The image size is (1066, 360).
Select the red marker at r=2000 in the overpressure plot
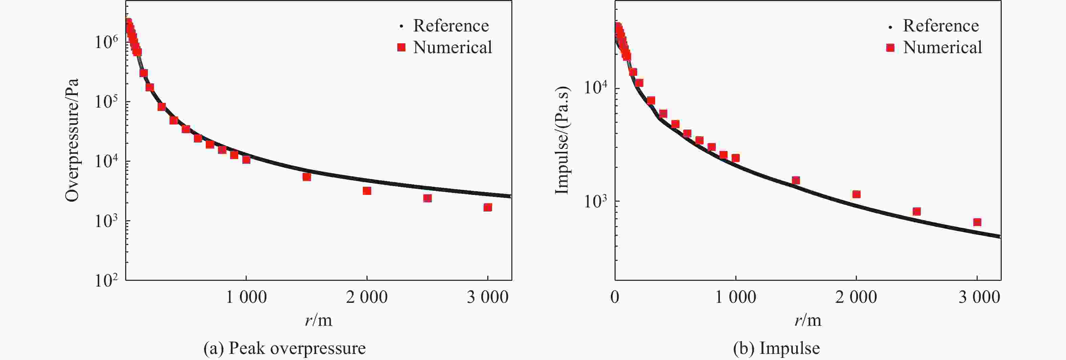(x=367, y=191)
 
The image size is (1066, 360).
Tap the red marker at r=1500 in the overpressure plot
(x=307, y=177)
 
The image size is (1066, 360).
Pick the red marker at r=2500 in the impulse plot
(x=917, y=211)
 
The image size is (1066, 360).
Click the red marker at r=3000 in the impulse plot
(x=977, y=222)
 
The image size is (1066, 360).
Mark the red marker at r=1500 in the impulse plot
(x=796, y=180)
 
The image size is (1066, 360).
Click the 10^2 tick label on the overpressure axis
(x=106, y=280)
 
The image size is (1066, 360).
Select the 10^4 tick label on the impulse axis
(x=596, y=88)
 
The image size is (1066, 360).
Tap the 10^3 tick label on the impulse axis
(x=596, y=201)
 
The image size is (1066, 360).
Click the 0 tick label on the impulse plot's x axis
(x=615, y=297)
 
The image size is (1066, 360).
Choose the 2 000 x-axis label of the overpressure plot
(x=367, y=297)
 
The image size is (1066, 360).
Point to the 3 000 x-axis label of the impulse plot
(x=979, y=297)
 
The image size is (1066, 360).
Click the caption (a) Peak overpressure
(x=284, y=348)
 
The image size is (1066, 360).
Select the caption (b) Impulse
(x=776, y=348)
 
